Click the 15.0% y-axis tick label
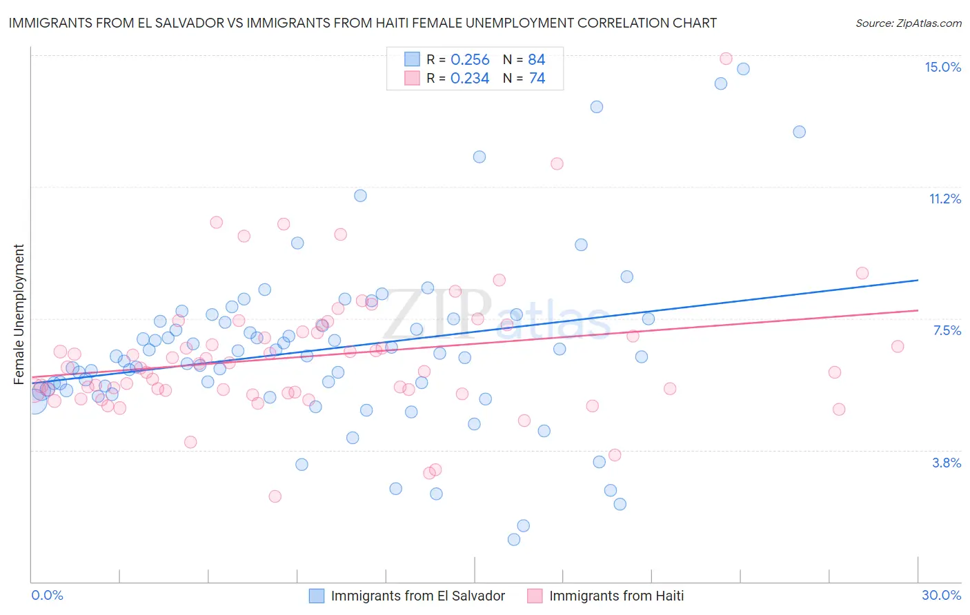942,67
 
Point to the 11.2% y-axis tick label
944,199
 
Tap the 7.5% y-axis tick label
947,330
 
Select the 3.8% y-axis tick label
947,463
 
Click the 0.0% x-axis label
47,595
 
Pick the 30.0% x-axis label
941,595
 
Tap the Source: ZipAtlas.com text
908,23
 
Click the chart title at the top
362,23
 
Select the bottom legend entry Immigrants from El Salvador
417,596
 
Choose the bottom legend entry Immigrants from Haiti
616,596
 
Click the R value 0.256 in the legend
470,60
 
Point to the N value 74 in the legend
537,79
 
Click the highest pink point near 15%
726,59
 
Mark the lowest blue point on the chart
514,539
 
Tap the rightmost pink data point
898,346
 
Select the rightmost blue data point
799,132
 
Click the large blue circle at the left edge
33,401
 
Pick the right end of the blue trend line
918,280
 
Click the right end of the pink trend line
918,310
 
